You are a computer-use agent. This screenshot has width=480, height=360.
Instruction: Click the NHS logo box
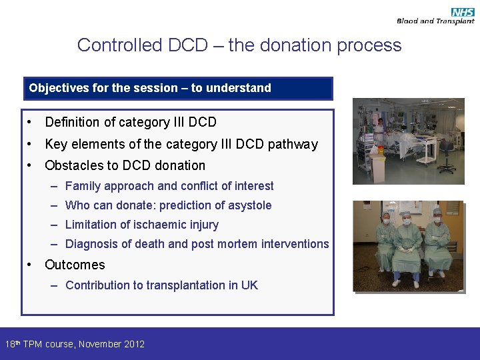(x=463, y=12)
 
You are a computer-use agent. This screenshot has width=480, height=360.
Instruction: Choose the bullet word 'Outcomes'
(x=75, y=265)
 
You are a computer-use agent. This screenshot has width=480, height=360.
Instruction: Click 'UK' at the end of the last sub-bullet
(x=249, y=285)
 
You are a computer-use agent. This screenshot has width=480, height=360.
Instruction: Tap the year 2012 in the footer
(x=133, y=344)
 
